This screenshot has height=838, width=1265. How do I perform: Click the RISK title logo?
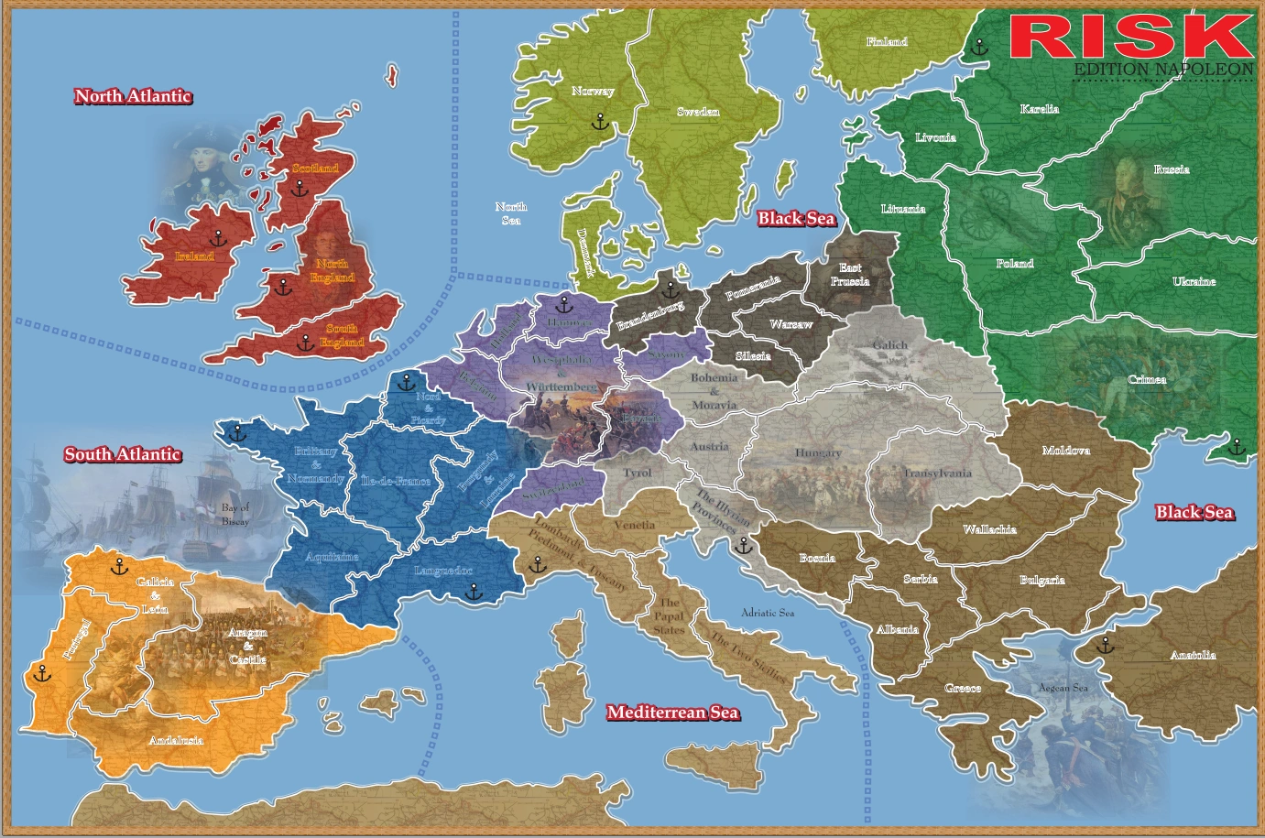pyautogui.click(x=1131, y=37)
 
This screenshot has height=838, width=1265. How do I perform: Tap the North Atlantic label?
pyautogui.click(x=133, y=96)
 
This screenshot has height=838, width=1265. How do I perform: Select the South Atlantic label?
pyautogui.click(x=123, y=454)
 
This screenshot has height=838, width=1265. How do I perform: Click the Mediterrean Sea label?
pyautogui.click(x=672, y=713)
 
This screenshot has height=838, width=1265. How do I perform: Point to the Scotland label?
pyautogui.click(x=315, y=169)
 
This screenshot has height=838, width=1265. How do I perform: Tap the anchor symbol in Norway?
pyautogui.click(x=599, y=121)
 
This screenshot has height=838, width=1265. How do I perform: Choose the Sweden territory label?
pyautogui.click(x=698, y=112)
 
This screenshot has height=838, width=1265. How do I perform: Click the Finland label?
pyautogui.click(x=887, y=41)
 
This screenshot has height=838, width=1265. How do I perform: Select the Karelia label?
pyautogui.click(x=1040, y=109)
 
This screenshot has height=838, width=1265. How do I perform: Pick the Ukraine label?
pyautogui.click(x=1194, y=281)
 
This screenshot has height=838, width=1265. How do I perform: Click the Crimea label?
pyautogui.click(x=1147, y=379)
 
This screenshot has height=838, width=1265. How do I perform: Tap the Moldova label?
pyautogui.click(x=1066, y=451)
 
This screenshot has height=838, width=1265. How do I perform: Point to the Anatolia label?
pyautogui.click(x=1194, y=655)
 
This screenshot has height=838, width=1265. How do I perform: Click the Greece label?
pyautogui.click(x=963, y=688)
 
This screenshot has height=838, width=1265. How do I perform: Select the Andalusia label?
pyautogui.click(x=176, y=740)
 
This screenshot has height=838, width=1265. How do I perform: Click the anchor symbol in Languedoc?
pyautogui.click(x=473, y=593)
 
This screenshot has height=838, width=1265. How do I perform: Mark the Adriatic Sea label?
pyautogui.click(x=768, y=613)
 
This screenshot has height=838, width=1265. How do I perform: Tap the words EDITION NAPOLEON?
pyautogui.click(x=1163, y=70)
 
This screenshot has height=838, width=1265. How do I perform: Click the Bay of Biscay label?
pyautogui.click(x=235, y=514)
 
